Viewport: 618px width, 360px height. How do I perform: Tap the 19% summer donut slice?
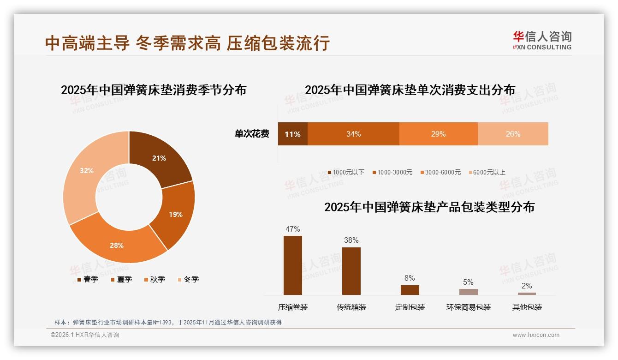(x=175, y=214)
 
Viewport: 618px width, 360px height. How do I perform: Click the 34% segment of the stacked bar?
(x=353, y=134)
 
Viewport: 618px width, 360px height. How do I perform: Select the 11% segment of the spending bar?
(x=292, y=134)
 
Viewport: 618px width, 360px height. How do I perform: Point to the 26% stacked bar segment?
(x=513, y=134)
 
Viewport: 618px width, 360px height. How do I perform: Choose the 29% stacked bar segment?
(x=438, y=134)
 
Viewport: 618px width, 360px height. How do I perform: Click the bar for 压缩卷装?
(x=293, y=265)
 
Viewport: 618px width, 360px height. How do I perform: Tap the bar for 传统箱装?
(x=351, y=271)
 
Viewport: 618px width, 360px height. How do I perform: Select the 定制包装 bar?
(x=410, y=290)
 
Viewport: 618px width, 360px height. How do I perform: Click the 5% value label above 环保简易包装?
(x=468, y=282)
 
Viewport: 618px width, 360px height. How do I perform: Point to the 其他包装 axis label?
(x=527, y=307)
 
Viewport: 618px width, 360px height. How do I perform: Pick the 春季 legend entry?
(x=88, y=279)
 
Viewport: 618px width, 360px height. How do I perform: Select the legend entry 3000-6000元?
(x=440, y=172)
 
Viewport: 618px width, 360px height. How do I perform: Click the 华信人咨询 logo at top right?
(x=542, y=40)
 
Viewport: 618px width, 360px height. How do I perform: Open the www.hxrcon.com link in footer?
(x=536, y=335)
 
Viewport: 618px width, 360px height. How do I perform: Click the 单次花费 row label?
(x=252, y=134)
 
